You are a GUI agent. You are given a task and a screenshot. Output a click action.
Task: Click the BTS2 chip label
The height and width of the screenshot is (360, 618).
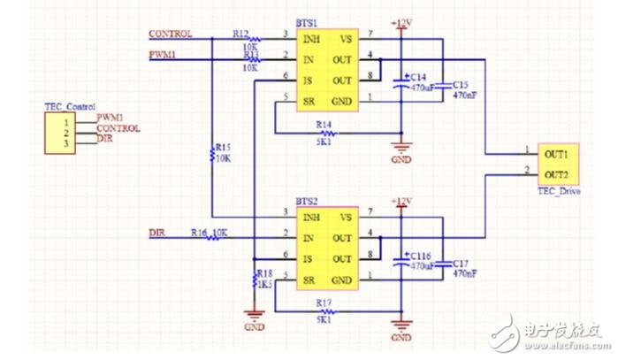click(307, 202)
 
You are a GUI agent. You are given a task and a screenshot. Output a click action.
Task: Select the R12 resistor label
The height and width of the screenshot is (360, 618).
click(240, 32)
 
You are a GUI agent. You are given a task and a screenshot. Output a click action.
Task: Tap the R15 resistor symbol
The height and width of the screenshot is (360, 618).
click(213, 156)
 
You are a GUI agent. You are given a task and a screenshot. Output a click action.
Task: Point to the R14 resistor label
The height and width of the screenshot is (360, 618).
click(324, 124)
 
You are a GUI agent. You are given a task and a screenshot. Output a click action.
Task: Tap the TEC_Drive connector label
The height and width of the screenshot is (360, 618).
click(558, 191)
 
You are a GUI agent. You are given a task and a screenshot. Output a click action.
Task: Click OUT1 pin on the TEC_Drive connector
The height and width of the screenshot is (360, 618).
click(556, 152)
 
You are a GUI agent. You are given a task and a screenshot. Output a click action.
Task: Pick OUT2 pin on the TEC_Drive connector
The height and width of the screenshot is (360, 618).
click(556, 173)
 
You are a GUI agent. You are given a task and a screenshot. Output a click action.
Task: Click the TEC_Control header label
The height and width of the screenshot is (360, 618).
click(69, 106)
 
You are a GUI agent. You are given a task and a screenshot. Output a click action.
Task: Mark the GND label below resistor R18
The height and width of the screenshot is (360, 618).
click(255, 326)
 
